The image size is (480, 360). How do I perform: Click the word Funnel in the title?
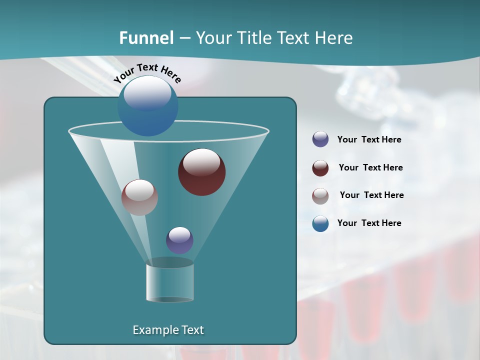point(146,38)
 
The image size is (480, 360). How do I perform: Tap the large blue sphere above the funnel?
point(147,106)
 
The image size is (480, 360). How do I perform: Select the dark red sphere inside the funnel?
point(202,172)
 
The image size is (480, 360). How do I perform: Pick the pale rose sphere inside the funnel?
point(139,197)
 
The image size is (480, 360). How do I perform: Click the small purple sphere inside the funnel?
point(179,240)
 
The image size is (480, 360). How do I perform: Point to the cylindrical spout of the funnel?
point(170,282)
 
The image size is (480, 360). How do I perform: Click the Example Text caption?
point(168,330)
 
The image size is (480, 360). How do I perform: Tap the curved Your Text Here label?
point(147,73)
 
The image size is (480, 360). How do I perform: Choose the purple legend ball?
point(320,139)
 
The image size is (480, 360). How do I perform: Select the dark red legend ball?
point(320,168)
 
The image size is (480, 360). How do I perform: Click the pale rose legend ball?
point(320,196)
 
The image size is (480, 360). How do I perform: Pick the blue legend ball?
point(320,223)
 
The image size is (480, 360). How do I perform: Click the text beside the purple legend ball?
point(369,140)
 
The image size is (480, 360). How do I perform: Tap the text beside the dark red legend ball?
point(370,168)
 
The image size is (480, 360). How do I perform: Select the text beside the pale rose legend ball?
point(371,195)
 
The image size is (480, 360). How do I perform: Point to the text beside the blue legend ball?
point(369,223)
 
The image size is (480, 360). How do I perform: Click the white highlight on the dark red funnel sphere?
point(201,162)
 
